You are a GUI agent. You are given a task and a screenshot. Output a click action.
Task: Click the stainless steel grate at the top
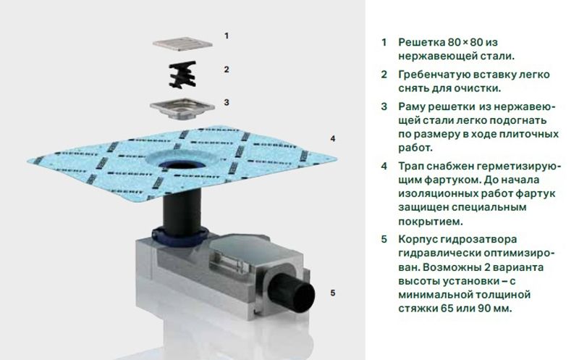point(182,43)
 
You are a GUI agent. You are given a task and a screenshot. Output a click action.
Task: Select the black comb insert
point(182,75)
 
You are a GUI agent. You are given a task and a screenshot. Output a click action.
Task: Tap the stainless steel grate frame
point(182,108)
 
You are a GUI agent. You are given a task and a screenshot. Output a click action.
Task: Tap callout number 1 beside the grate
point(227,35)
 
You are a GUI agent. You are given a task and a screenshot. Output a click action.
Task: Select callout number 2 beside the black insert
point(227,70)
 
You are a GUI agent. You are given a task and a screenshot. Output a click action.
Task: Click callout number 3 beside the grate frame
point(227,102)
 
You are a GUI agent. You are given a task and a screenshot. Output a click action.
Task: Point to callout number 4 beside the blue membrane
point(333,138)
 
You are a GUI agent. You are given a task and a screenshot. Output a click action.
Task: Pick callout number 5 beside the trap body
point(333,293)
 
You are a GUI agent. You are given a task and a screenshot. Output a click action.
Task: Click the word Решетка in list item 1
point(421,42)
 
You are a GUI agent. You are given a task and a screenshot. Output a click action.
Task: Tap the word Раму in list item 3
point(411,106)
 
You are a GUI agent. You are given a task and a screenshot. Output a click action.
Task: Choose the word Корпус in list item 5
point(417,240)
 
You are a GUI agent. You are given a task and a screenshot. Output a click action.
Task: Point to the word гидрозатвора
point(478,240)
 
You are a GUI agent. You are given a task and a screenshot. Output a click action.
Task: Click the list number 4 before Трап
point(384,167)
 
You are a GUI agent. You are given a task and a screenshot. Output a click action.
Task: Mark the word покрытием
point(431,221)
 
